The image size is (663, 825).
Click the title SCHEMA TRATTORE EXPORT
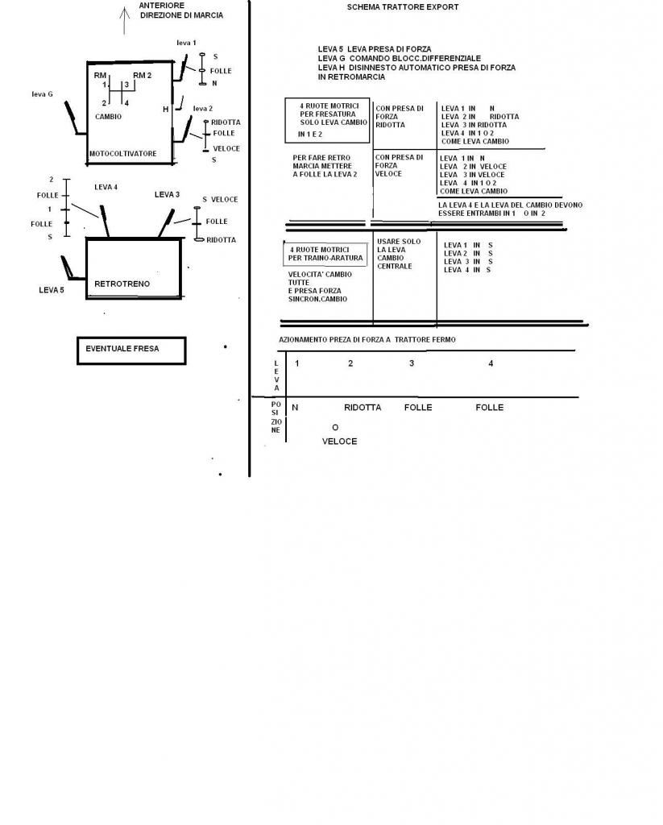click(403, 7)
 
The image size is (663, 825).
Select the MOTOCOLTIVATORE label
click(122, 152)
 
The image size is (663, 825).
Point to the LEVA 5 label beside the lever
click(52, 289)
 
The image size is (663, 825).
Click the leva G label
click(42, 94)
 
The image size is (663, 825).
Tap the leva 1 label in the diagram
click(185, 42)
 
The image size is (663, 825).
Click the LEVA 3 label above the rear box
click(167, 194)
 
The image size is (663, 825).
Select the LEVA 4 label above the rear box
click(106, 187)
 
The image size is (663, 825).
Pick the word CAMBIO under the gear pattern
click(108, 116)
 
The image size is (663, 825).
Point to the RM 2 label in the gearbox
click(142, 75)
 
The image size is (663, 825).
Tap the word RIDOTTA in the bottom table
click(363, 408)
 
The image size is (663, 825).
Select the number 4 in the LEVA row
click(491, 363)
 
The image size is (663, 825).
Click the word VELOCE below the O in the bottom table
click(339, 442)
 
